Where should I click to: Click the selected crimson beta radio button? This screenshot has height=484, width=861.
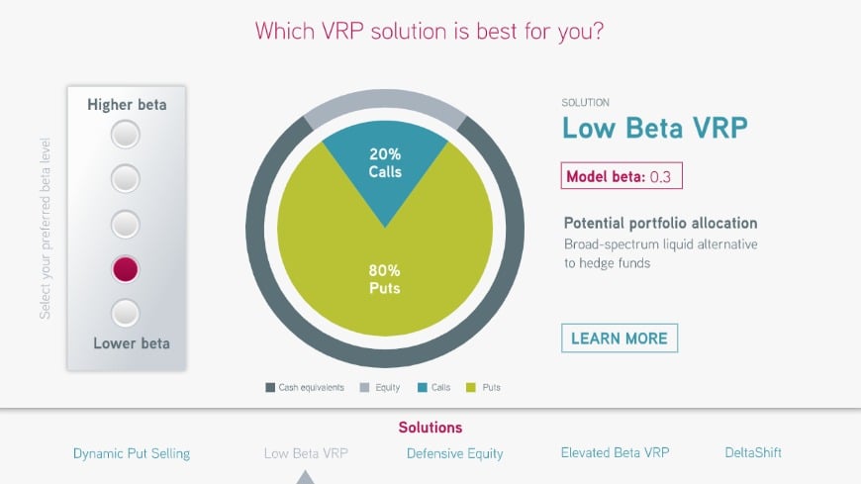pyautogui.click(x=126, y=269)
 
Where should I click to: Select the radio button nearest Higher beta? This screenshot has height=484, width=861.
pyautogui.click(x=126, y=135)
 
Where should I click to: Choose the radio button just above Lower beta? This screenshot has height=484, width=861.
pyautogui.click(x=126, y=313)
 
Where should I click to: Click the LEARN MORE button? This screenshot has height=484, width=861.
pyautogui.click(x=620, y=338)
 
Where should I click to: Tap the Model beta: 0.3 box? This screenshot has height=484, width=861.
pyautogui.click(x=622, y=176)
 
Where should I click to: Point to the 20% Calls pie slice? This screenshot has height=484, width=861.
pyautogui.click(x=385, y=165)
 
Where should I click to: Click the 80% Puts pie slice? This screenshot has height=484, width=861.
pyautogui.click(x=385, y=275)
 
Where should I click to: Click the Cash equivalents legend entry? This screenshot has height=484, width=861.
pyautogui.click(x=305, y=387)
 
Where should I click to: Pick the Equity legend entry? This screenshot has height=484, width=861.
pyautogui.click(x=380, y=387)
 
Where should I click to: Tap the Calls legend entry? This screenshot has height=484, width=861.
pyautogui.click(x=433, y=387)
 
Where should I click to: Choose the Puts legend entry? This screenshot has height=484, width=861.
pyautogui.click(x=483, y=387)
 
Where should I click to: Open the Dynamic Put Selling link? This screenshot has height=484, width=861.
pyautogui.click(x=132, y=453)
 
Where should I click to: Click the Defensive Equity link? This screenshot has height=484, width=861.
pyautogui.click(x=454, y=453)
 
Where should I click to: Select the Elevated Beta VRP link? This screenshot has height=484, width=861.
pyautogui.click(x=615, y=452)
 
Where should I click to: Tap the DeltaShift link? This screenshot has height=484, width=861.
pyautogui.click(x=753, y=452)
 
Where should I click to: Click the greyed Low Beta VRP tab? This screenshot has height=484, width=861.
pyautogui.click(x=306, y=453)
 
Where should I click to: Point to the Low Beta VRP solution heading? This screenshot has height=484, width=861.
pyautogui.click(x=654, y=128)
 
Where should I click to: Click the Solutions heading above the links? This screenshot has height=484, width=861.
pyautogui.click(x=430, y=428)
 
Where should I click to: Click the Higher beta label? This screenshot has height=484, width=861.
pyautogui.click(x=127, y=104)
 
